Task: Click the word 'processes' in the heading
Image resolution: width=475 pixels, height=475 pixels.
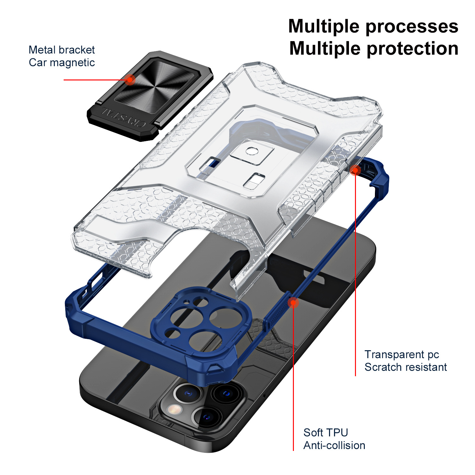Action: click(412, 27)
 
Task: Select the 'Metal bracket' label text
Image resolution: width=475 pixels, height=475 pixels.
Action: click(62, 50)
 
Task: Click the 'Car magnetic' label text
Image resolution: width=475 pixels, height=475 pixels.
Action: click(62, 63)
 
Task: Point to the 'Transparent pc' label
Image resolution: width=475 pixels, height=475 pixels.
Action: click(402, 354)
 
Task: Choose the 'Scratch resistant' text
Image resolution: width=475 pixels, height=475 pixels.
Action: click(405, 367)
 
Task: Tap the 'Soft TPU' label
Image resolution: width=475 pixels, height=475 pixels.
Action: click(326, 433)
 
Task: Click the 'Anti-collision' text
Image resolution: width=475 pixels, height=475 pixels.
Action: click(334, 446)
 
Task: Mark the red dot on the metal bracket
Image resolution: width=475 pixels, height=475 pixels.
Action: click(130, 79)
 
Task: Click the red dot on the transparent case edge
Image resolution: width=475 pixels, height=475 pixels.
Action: click(355, 170)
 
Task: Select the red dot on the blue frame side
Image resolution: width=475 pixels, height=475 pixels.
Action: click(294, 303)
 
